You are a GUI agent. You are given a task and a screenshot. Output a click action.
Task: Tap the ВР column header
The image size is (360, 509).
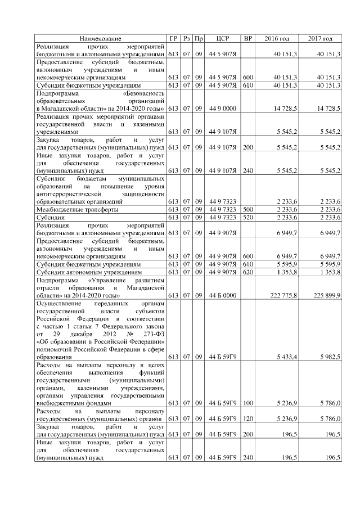[247, 38]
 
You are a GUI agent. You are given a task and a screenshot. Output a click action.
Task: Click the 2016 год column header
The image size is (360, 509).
[277, 38]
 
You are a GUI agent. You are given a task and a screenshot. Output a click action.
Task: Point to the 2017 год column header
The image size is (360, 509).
[320, 38]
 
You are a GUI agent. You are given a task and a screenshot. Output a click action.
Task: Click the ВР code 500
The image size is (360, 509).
[247, 209]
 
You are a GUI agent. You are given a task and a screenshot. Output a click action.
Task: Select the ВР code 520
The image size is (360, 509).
[247, 217]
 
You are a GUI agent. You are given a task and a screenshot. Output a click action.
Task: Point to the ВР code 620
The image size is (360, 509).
[247, 272]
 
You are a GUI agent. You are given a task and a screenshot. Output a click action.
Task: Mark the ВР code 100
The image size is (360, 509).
[247, 403]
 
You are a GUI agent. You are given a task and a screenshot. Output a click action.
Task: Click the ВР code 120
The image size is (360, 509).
[247, 419]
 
